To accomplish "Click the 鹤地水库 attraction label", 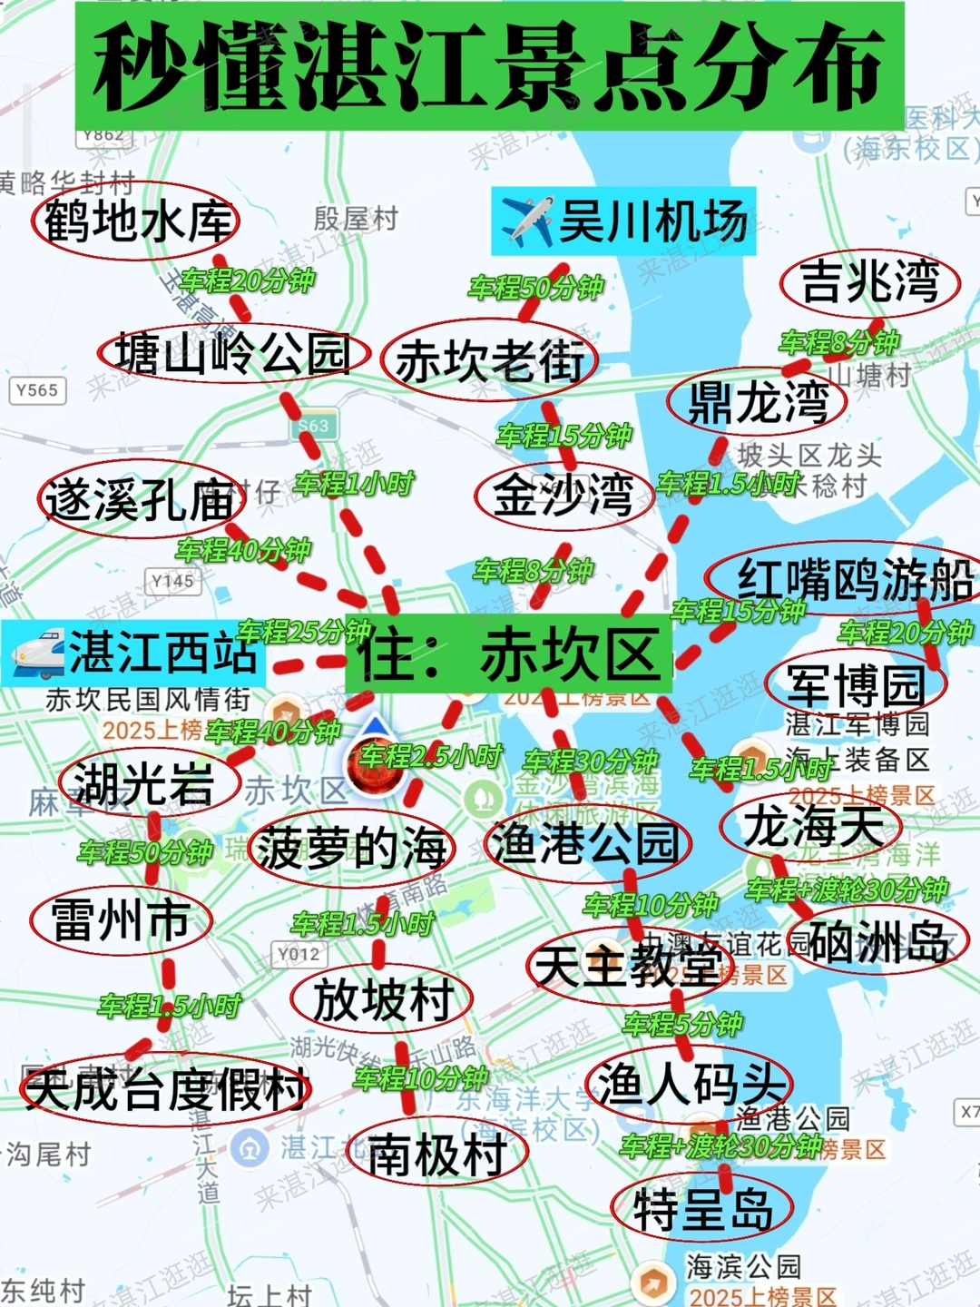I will (136, 221).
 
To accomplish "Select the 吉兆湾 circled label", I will (869, 281).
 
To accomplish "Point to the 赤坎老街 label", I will (490, 360).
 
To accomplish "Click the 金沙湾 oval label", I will (563, 495).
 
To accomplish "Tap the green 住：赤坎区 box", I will (509, 655).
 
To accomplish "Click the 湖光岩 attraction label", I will (145, 783).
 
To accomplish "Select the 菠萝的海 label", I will (352, 849).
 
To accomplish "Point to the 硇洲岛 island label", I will (878, 942).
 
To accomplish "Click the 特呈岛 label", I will (703, 1209).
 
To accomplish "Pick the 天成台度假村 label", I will (165, 1089).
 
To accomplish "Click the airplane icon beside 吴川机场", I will (526, 221).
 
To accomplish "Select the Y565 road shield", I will (37, 390).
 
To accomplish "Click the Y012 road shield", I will (299, 954).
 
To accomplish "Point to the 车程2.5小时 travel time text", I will (430, 755).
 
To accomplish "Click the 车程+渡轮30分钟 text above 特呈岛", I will (721, 1146).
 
